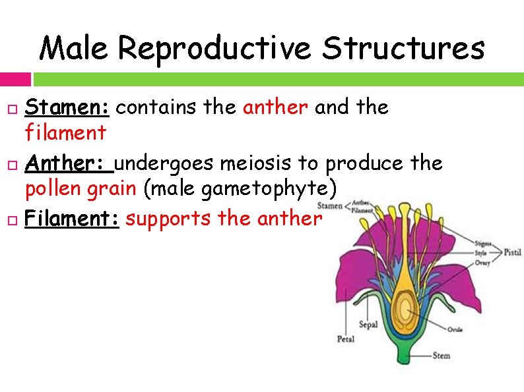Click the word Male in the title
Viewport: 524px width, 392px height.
coord(75,48)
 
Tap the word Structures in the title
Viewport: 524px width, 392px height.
coord(403,48)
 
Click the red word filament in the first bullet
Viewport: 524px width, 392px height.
coord(65,133)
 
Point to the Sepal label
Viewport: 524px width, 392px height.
coord(368,324)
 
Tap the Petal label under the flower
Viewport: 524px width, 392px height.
coord(346,339)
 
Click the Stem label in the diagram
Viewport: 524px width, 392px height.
coord(441,356)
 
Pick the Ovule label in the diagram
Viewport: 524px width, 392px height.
coord(455,329)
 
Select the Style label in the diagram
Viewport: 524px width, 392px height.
coord(481,253)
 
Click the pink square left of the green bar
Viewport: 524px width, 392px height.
coord(15,79)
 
